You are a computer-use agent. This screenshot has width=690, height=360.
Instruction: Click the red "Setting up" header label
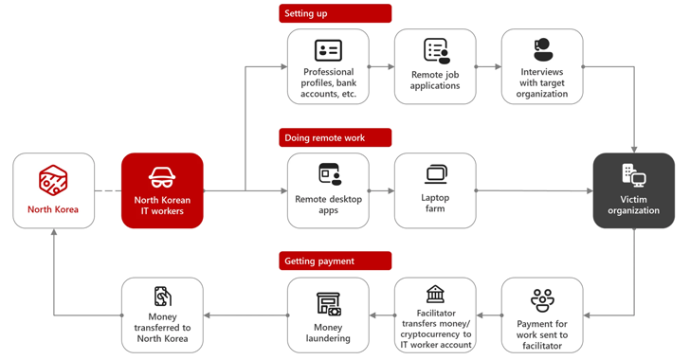pos(335,13)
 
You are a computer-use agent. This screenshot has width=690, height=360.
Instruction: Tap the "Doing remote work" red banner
pos(335,137)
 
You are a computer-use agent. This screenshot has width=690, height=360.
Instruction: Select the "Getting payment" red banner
pos(335,261)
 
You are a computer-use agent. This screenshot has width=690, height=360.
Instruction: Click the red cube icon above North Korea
pos(53,180)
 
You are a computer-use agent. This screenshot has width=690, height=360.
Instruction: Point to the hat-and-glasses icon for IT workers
pos(162,177)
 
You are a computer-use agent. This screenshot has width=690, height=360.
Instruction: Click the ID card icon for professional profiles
pos(328,50)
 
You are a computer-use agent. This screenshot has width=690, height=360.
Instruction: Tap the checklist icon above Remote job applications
pos(437,50)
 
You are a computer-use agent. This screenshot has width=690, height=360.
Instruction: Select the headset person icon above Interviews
pos(542,49)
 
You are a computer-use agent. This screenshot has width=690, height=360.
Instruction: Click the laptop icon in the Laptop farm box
pos(436,174)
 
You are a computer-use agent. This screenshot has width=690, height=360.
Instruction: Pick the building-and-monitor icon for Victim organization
pos(634,175)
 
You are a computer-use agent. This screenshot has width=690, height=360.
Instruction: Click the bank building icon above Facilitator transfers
pos(435,294)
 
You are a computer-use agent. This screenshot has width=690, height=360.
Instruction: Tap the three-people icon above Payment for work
pos(542,300)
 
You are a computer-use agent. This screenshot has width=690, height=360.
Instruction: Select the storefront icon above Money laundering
pos(329,304)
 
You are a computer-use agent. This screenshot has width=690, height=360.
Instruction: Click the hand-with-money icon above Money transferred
pos(162,297)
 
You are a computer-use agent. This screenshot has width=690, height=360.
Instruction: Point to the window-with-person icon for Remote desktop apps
pos(330,174)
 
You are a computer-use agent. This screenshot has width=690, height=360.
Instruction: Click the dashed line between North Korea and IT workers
pos(108,190)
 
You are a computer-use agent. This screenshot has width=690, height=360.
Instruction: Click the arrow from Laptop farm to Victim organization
pos(535,190)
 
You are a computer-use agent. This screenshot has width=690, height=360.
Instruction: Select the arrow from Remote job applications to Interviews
pos(488,67)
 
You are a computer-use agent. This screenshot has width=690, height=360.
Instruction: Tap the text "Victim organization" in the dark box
pos(634,205)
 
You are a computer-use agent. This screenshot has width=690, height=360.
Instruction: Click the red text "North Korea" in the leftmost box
pos(53,209)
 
